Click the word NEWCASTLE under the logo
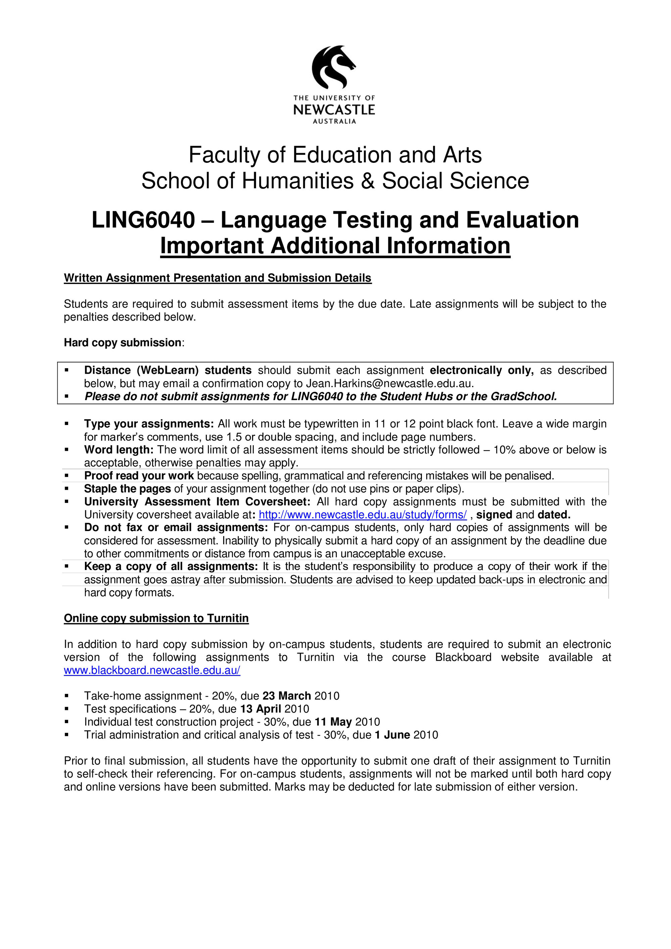pyautogui.click(x=334, y=109)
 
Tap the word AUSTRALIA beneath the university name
pyautogui.click(x=334, y=122)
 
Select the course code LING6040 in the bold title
pyautogui.click(x=143, y=220)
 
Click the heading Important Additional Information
pyautogui.click(x=335, y=246)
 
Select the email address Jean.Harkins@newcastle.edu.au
pyautogui.click(x=389, y=383)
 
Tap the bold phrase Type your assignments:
pyautogui.click(x=149, y=424)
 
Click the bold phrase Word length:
pyautogui.click(x=118, y=450)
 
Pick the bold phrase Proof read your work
pyautogui.click(x=139, y=476)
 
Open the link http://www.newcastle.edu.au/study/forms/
pyautogui.click(x=363, y=515)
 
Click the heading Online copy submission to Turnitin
pyautogui.click(x=156, y=618)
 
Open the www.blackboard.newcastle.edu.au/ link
pyautogui.click(x=152, y=670)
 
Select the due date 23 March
pyautogui.click(x=286, y=696)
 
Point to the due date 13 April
pyautogui.click(x=260, y=709)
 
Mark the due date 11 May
pyautogui.click(x=333, y=722)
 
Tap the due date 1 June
pyautogui.click(x=392, y=735)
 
